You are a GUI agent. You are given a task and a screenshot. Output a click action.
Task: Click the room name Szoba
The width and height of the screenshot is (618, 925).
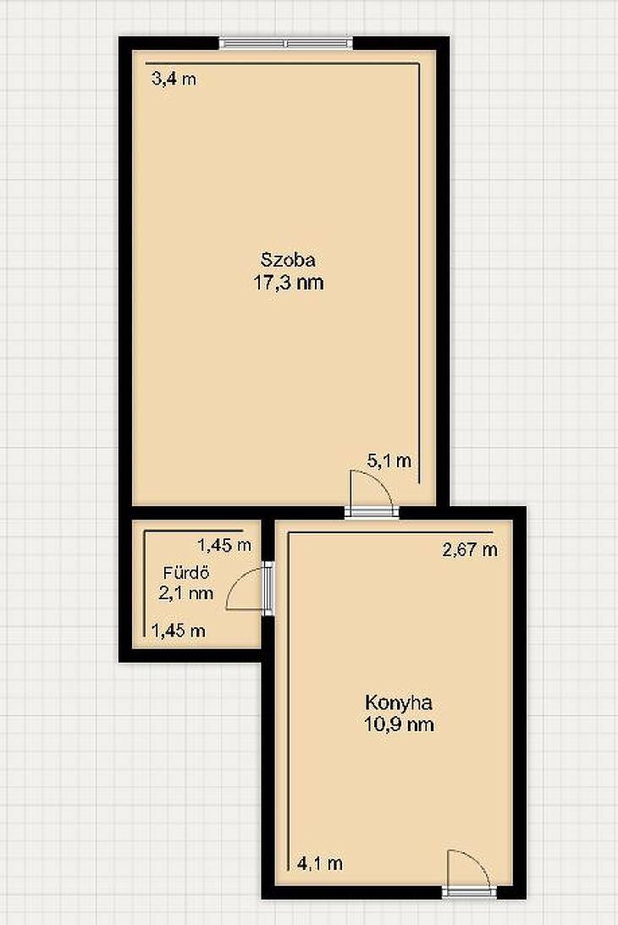tap(288, 260)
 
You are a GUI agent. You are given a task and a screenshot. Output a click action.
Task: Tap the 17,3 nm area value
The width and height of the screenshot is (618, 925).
tap(289, 283)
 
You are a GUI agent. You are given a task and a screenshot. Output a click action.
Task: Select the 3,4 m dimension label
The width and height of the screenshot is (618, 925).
tap(174, 79)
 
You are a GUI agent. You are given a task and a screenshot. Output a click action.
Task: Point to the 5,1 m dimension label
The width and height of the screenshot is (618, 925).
tap(389, 460)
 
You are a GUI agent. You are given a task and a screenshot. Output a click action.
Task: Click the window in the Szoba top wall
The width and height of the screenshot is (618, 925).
tap(287, 42)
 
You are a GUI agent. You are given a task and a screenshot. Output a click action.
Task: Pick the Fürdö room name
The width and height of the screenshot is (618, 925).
tap(186, 572)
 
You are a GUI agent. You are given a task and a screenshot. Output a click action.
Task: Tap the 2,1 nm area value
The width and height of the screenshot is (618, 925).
tap(186, 593)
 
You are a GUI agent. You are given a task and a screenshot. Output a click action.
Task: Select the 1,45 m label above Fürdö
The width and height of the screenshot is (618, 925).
tap(224, 545)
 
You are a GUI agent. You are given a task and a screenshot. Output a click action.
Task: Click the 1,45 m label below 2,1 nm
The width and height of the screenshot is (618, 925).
tap(179, 630)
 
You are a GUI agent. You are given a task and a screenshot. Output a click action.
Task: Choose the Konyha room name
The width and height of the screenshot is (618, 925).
tap(399, 702)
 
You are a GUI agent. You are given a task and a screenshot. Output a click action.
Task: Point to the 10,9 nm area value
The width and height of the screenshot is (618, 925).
tap(399, 724)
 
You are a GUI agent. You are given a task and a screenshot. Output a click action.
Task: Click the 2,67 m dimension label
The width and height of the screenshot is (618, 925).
tap(470, 550)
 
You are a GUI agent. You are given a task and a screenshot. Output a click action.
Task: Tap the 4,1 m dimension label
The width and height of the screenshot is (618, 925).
tap(320, 864)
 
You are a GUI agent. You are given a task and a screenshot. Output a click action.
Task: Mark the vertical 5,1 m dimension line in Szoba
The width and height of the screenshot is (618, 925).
tap(420, 273)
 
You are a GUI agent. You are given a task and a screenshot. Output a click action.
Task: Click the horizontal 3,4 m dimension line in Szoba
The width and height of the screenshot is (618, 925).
tap(283, 63)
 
